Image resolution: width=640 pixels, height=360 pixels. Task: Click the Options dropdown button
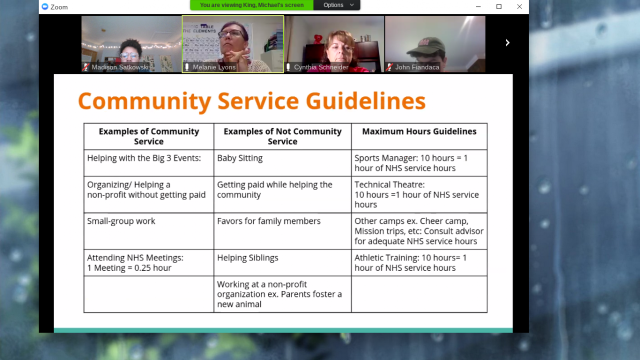337,5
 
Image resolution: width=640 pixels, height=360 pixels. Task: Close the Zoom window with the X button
519,6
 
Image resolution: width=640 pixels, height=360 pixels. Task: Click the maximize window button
499,6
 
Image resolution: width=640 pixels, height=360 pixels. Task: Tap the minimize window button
478,6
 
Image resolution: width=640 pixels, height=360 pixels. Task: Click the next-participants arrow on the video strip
507,43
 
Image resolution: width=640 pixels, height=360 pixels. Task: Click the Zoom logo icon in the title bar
45,6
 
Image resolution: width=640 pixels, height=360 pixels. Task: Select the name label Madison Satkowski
120,67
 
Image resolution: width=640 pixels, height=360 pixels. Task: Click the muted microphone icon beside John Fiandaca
389,67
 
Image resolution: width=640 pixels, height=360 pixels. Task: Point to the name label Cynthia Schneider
321,67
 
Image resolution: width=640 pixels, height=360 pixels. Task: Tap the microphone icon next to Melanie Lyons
187,67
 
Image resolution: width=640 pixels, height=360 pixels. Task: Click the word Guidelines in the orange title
365,101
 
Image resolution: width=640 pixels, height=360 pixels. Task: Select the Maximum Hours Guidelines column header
419,131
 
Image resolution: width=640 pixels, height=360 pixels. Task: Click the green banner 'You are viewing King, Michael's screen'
251,5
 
